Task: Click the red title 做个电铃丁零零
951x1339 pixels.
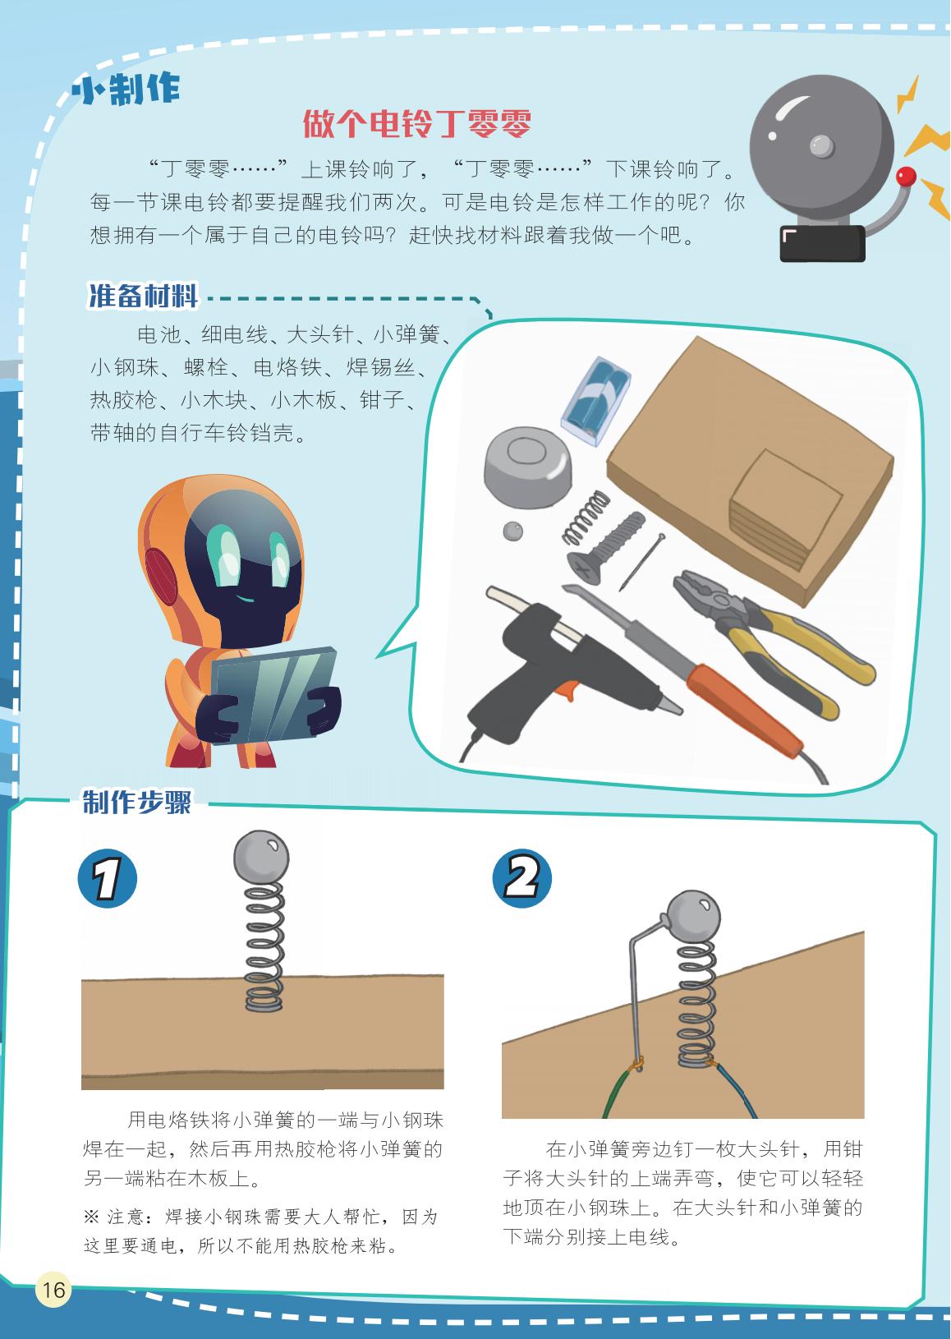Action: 416,124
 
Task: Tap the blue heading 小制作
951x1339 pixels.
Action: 126,90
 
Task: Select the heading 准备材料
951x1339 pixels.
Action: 143,295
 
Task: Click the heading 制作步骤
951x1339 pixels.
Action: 137,802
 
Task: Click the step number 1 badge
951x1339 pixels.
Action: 108,877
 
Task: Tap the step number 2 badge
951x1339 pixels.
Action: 521,877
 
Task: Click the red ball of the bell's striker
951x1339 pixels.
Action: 906,177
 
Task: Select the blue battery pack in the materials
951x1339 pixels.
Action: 595,401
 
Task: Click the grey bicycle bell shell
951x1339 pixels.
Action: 527,467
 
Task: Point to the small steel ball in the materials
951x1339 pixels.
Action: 512,531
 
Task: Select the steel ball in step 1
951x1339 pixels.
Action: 261,856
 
